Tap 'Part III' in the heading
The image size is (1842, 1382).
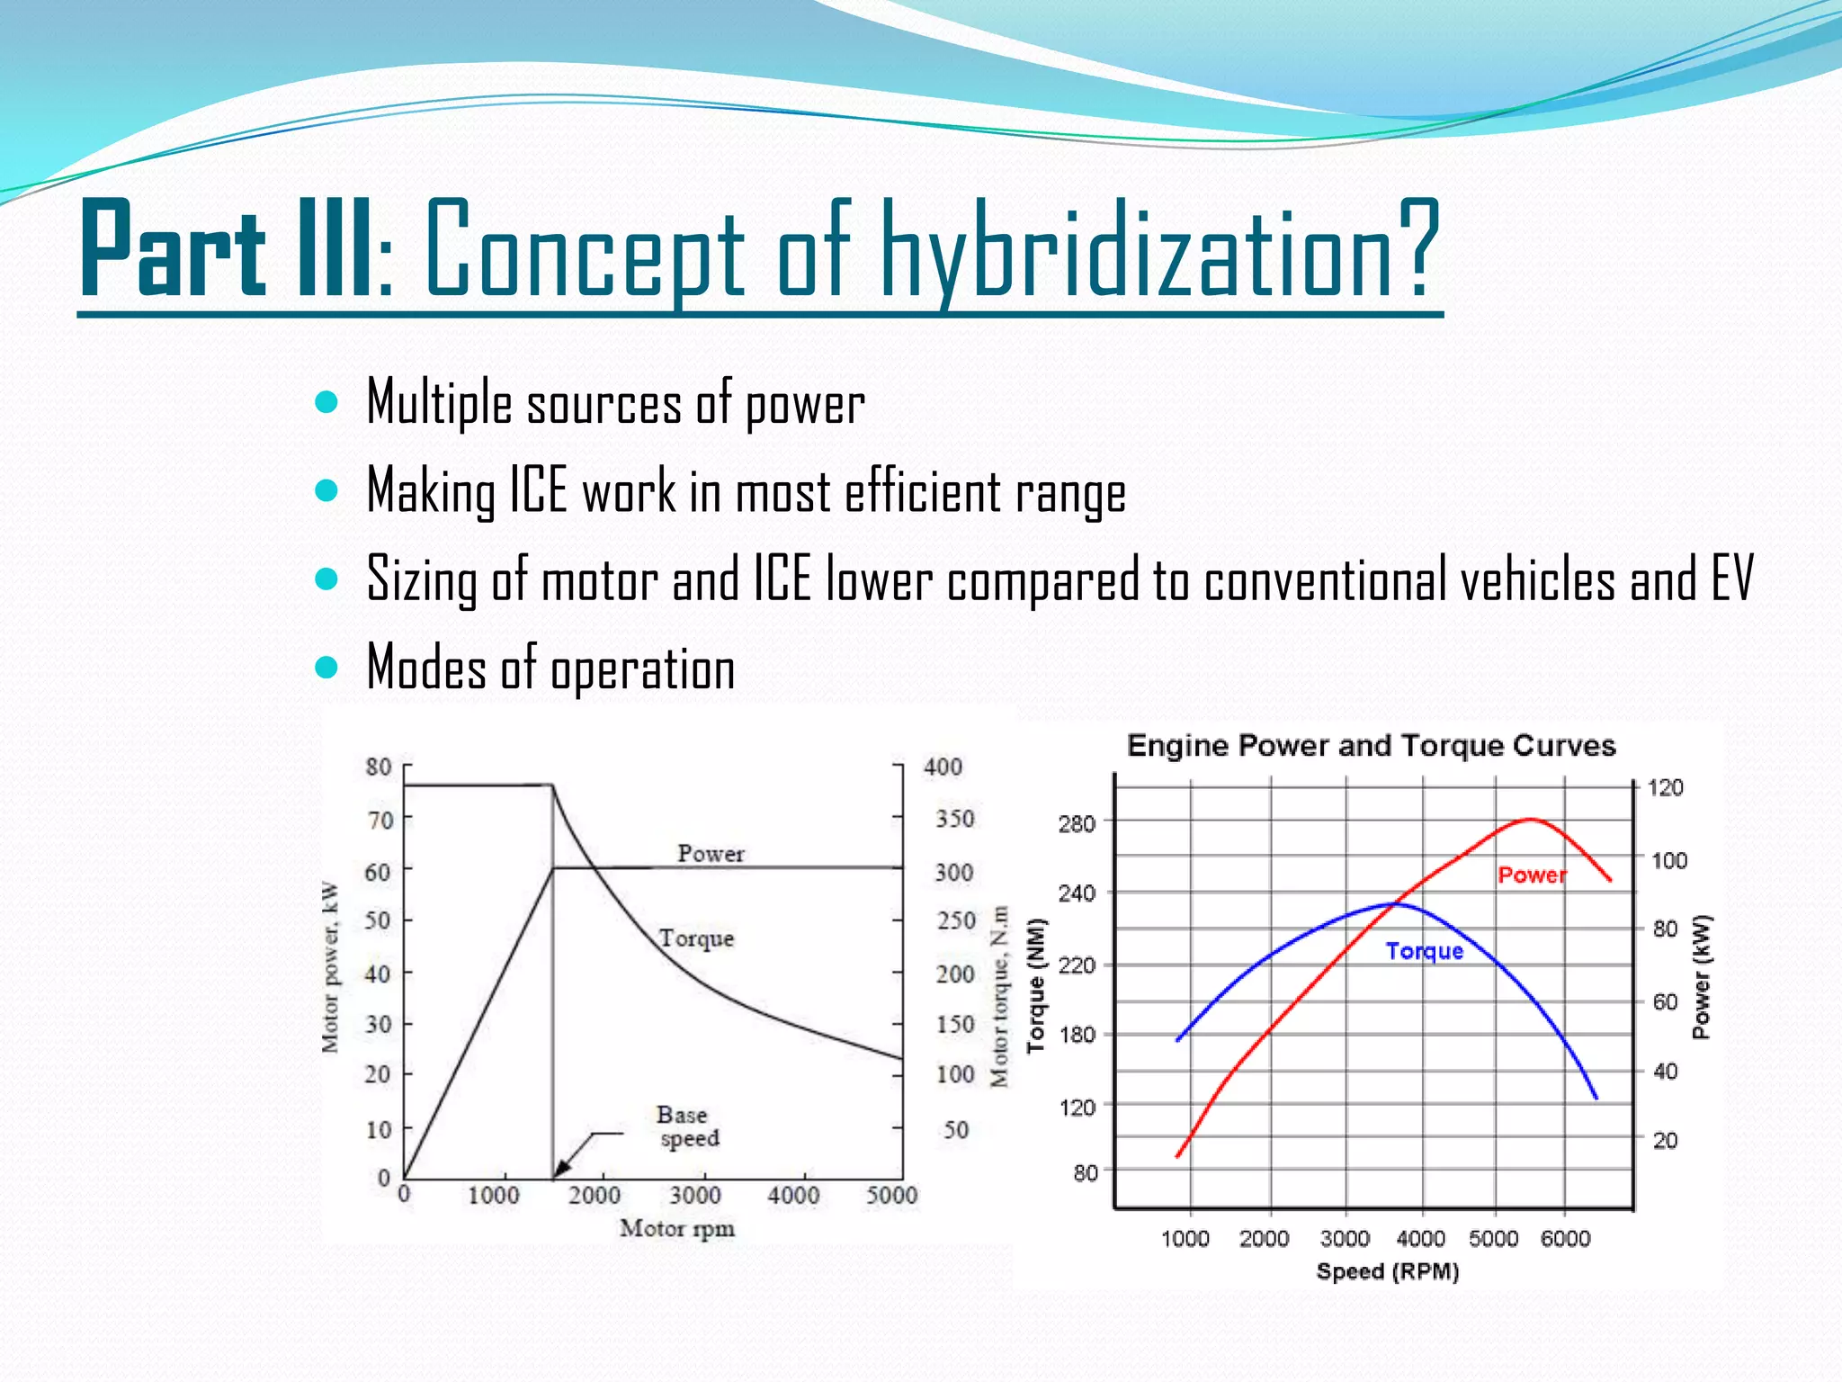coord(225,251)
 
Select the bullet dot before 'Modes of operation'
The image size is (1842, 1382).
coord(326,668)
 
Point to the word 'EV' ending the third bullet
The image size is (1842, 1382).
coord(1731,579)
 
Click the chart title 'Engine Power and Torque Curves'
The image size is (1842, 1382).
coord(1371,746)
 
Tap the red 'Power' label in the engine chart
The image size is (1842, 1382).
coord(1532,875)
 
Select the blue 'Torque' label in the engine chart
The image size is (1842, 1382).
coord(1424,951)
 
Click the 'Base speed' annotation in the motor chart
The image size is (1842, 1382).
coord(688,1126)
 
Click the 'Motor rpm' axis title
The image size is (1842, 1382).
coord(676,1228)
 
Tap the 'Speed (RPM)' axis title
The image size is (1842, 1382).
coord(1387,1271)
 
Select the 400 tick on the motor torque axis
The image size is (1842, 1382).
coord(943,767)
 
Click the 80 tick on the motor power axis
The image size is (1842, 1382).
coord(379,767)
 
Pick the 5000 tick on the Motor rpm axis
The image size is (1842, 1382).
coord(891,1195)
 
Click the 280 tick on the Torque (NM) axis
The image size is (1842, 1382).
coord(1077,823)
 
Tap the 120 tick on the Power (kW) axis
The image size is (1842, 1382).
coord(1665,788)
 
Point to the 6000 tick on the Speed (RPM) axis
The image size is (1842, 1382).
coord(1565,1239)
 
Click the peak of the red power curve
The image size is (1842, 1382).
coord(1531,819)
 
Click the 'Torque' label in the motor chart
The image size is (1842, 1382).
coord(696,938)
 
